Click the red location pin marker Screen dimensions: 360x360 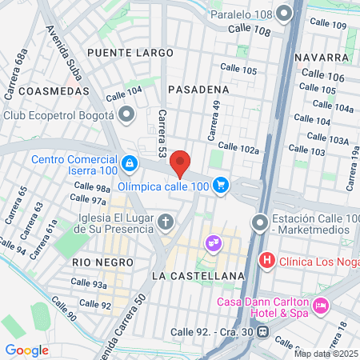[181, 163]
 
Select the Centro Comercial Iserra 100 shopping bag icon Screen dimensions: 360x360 [129, 162]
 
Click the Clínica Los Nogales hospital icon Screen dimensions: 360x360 [267, 261]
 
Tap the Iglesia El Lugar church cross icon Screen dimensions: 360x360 [166, 221]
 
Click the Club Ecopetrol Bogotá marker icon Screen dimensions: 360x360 [125, 116]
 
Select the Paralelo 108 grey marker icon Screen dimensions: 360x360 [285, 14]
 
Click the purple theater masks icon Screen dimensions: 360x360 [213, 241]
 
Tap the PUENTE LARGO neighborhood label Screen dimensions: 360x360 [130, 53]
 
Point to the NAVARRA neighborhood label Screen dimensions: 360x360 [322, 58]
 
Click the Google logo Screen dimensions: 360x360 [26, 350]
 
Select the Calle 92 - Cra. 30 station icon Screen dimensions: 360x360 [262, 332]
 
